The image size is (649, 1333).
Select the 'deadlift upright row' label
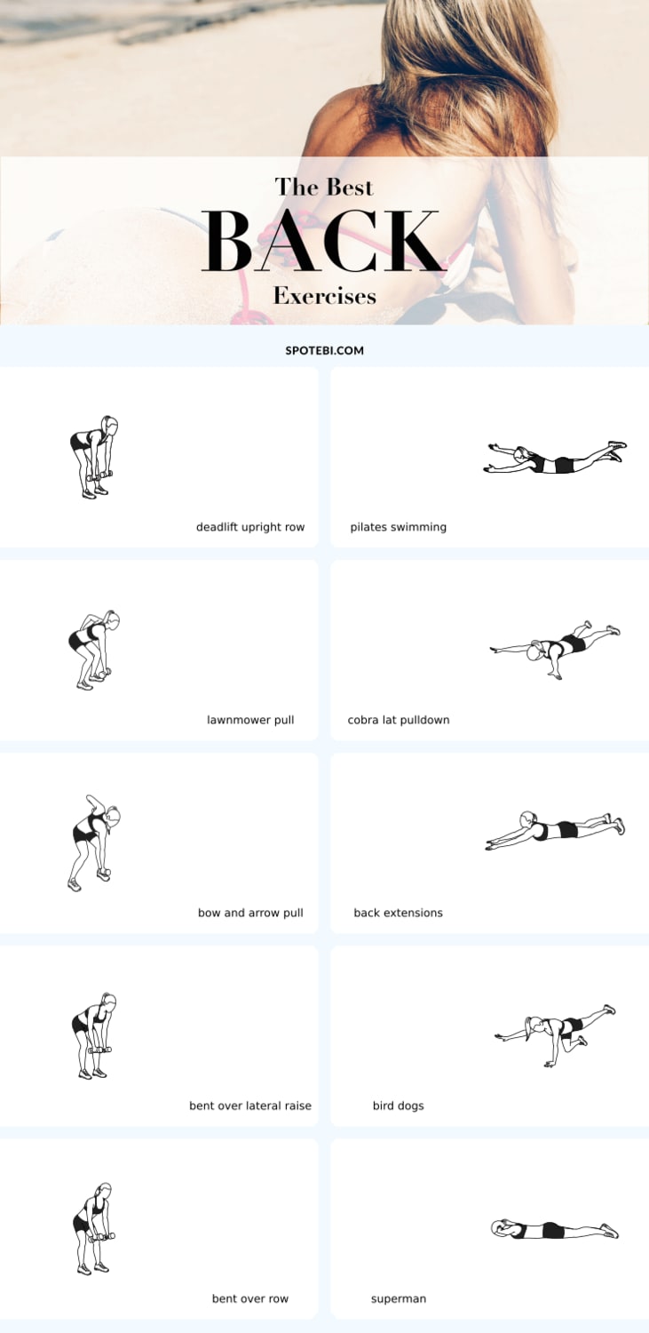[x=250, y=527]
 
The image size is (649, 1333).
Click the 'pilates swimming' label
[x=399, y=527]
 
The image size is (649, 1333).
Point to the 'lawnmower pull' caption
[x=250, y=720]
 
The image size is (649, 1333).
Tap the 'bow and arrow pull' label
[x=250, y=913]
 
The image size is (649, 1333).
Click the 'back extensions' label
[x=398, y=913]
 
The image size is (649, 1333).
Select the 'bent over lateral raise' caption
[x=250, y=1106]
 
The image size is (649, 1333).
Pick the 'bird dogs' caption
[x=398, y=1106]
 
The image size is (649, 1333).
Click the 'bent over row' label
[x=250, y=1299]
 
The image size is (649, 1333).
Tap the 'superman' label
[x=399, y=1299]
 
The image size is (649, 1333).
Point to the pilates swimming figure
[x=555, y=458]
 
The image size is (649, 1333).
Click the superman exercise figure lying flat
[x=555, y=1229]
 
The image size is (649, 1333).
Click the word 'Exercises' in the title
[x=324, y=295]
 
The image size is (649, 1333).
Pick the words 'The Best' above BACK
[x=324, y=187]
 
